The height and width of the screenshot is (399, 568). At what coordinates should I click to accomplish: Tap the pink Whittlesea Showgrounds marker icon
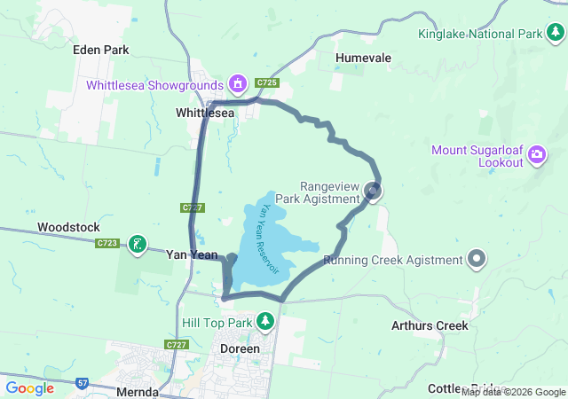pos(237,84)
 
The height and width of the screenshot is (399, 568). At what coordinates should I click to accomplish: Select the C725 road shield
pos(267,82)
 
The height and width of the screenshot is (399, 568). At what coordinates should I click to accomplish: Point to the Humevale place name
pos(364,58)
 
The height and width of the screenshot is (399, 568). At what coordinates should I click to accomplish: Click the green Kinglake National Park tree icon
pos(556,34)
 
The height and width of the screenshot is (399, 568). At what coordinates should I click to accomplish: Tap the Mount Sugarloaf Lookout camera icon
pos(536,156)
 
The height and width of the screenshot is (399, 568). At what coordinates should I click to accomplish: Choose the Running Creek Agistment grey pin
pos(477,260)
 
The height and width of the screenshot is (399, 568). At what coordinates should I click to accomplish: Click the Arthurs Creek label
pos(430,325)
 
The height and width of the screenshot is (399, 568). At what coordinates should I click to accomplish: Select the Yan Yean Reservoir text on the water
pos(268,237)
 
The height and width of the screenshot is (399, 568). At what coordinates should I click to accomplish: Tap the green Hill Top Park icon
pos(264,321)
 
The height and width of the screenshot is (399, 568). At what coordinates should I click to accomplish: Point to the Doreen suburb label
pos(240,348)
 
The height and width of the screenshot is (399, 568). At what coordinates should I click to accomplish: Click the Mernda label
pos(137,391)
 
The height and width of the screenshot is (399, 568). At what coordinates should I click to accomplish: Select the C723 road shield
pos(108,243)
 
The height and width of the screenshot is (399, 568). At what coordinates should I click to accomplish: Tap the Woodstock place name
pos(68,227)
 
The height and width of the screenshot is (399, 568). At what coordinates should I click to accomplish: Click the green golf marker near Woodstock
pos(137,244)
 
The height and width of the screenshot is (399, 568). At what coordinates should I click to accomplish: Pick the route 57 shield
pos(83,382)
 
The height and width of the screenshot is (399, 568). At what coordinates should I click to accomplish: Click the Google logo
pos(29,388)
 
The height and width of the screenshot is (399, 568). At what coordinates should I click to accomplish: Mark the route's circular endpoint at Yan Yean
pos(232,259)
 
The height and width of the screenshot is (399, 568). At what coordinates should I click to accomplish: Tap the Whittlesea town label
pos(205,113)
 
